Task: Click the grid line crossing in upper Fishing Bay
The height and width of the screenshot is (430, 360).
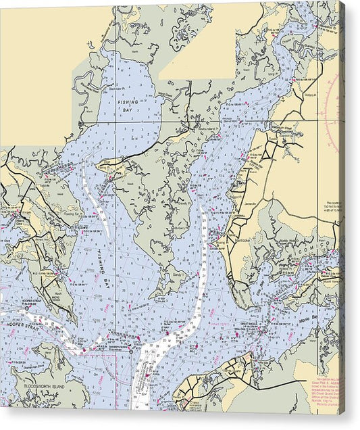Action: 115,121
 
